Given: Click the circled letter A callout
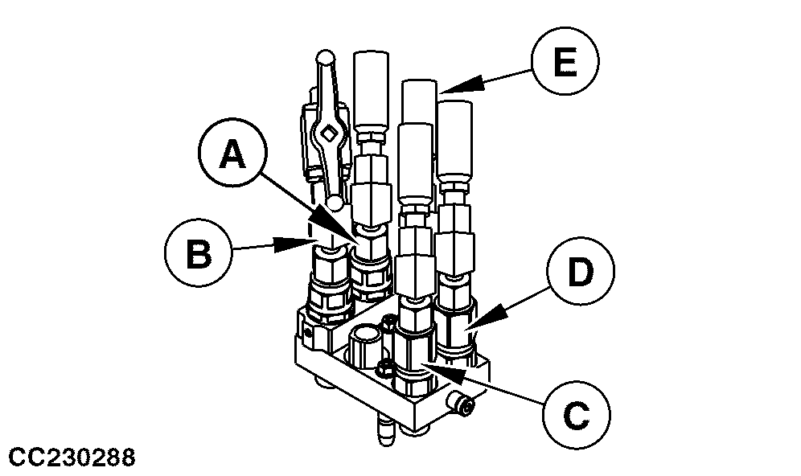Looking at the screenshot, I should (232, 156).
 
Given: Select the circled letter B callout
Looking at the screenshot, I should (199, 254).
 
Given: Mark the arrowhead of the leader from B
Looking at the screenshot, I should (308, 240).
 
